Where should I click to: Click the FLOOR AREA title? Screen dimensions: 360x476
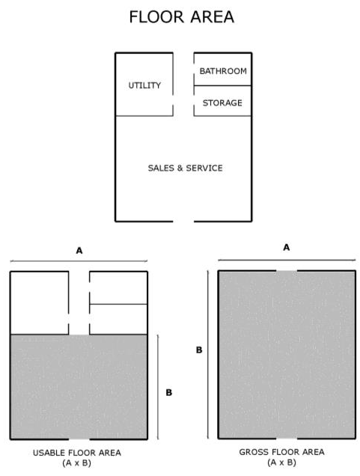[182, 17]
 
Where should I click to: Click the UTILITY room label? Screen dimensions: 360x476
[144, 85]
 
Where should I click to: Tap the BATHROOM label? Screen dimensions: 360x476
[223, 71]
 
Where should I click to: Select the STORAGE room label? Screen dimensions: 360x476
[222, 103]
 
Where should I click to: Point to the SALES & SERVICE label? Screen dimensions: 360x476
[185, 168]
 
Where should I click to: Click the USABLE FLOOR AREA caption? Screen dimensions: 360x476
[77, 453]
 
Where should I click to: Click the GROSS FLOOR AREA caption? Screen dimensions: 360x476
[281, 452]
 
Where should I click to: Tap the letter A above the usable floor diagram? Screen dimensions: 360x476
[79, 251]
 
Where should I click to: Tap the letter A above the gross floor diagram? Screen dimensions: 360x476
[286, 248]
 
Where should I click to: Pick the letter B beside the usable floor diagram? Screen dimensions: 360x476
[168, 392]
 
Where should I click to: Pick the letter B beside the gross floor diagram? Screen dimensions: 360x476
[199, 350]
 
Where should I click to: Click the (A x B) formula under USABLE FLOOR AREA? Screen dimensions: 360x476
[77, 463]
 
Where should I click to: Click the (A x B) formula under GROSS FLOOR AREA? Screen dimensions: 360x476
[281, 463]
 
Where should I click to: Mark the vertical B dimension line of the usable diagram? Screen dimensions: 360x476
[158, 387]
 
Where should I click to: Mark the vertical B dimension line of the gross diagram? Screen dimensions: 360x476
[208, 355]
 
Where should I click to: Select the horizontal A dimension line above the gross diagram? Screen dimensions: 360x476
[287, 260]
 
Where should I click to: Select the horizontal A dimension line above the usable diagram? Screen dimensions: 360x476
[79, 260]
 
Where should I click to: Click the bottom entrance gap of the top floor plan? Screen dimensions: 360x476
[183, 222]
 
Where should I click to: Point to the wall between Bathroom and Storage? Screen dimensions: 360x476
[222, 85]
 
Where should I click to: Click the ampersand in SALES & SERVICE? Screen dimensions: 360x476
[180, 168]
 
